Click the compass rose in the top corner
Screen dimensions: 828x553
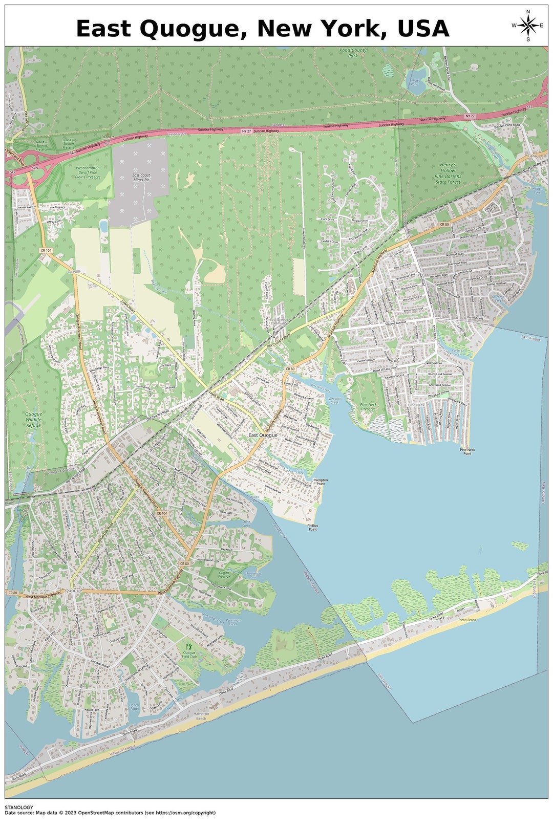[x=527, y=25]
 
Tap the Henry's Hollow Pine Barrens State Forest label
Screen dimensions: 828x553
[x=448, y=173]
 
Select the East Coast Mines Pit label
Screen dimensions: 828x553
[x=141, y=178]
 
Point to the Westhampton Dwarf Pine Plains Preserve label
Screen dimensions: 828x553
[x=88, y=172]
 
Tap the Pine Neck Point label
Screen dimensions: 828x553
[x=467, y=451]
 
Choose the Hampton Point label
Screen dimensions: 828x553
[x=320, y=482]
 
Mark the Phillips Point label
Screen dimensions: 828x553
[x=312, y=527]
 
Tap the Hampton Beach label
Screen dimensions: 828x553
[x=201, y=716]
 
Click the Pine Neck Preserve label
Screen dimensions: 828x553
[x=368, y=407]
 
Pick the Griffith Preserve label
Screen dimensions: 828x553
[x=224, y=575]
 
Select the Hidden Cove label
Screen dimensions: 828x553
[x=536, y=190]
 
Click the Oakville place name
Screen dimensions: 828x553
[x=73, y=272]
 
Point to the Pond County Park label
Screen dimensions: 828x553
[x=353, y=53]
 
